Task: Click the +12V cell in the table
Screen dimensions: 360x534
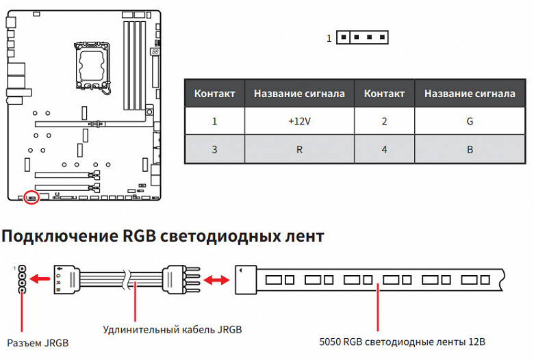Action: [x=299, y=121]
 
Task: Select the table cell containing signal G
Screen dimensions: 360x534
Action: [x=469, y=121]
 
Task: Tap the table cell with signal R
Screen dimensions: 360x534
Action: [x=299, y=149]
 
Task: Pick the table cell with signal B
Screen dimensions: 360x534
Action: [x=469, y=149]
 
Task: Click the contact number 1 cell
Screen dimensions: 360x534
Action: [x=214, y=121]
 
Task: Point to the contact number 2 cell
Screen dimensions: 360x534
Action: [x=384, y=121]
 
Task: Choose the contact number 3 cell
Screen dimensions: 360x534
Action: [x=214, y=149]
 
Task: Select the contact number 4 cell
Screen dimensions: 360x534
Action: [x=384, y=149]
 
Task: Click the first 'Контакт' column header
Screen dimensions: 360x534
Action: [x=214, y=93]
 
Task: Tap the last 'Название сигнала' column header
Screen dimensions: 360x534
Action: [x=469, y=93]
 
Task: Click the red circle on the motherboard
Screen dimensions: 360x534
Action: [x=30, y=198]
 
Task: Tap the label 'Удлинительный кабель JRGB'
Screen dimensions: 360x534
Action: [x=172, y=330]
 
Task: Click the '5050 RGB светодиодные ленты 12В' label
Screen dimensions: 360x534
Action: [x=403, y=342]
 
